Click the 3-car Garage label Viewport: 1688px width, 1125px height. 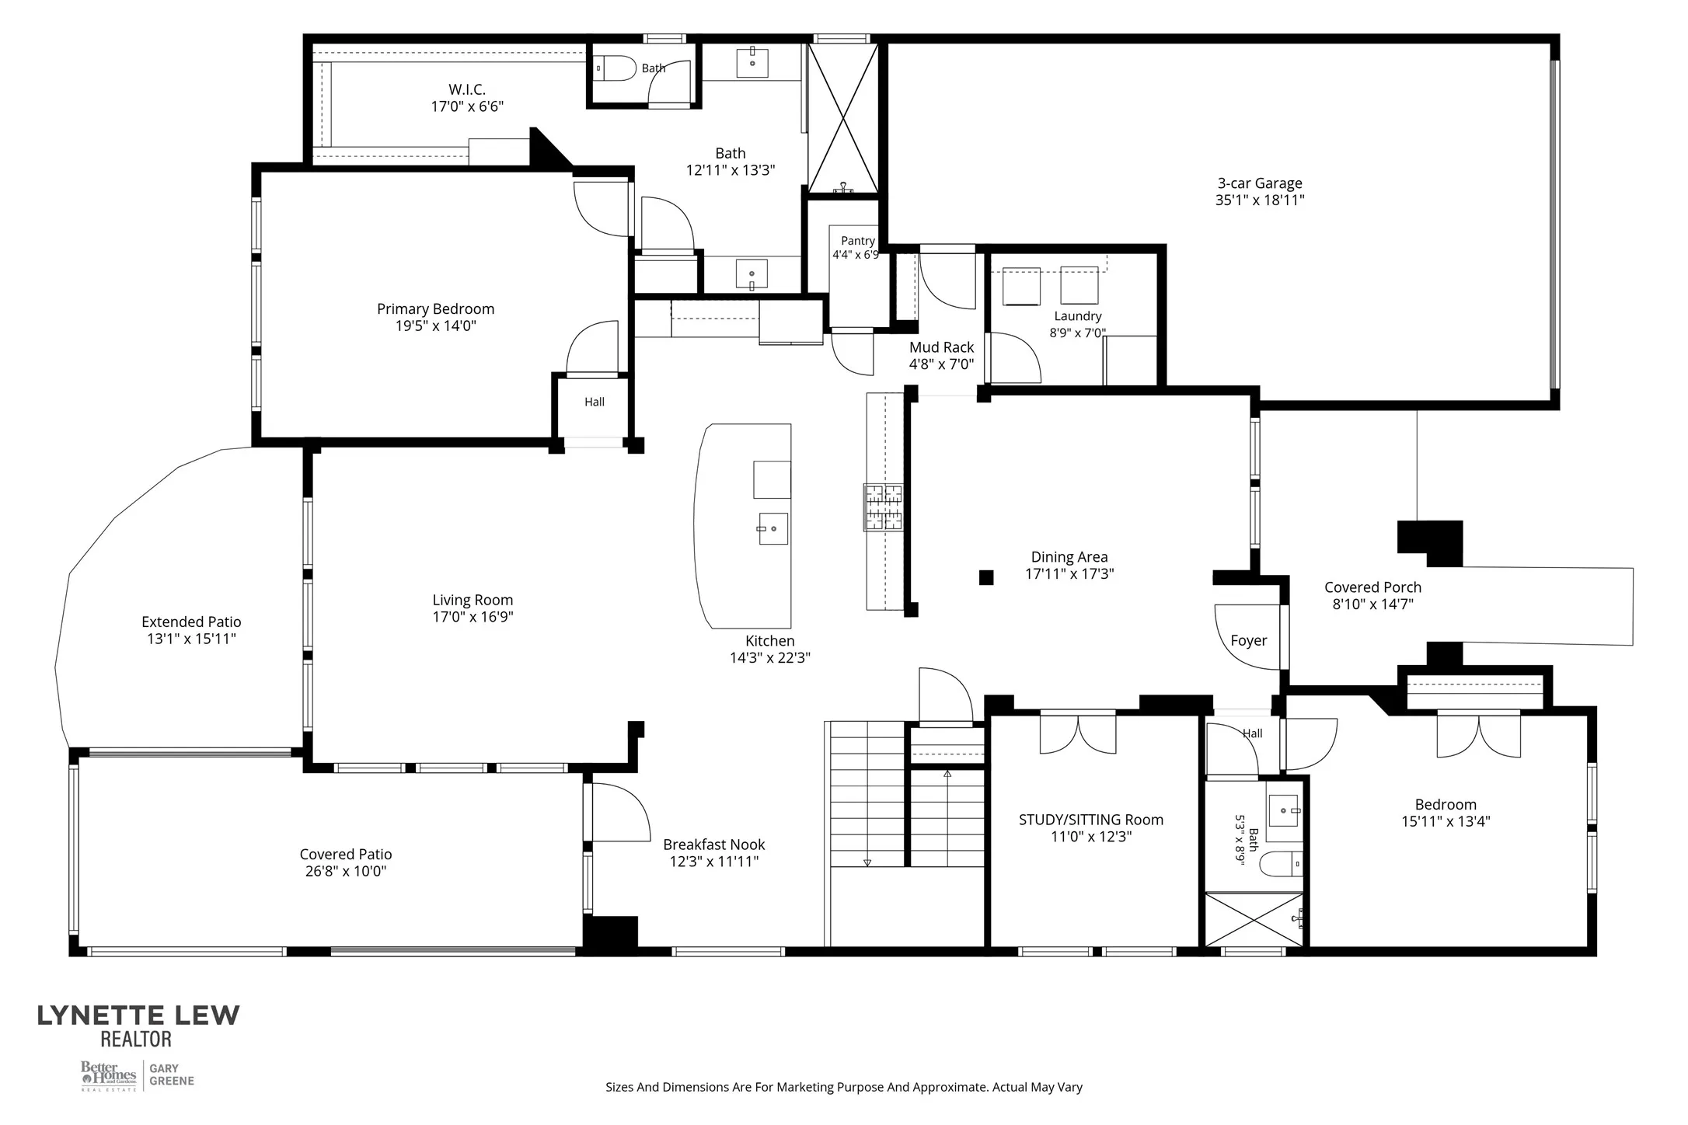[1260, 183]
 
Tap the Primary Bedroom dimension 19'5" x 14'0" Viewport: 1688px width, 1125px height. [436, 326]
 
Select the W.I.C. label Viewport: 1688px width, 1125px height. [467, 89]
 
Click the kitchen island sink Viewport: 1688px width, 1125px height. [773, 528]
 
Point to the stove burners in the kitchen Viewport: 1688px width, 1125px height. [883, 507]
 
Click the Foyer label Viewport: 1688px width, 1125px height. [1249, 640]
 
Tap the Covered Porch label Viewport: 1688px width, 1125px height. [1373, 587]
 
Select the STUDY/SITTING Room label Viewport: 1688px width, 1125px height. [1091, 820]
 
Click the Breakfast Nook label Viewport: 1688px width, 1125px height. [714, 845]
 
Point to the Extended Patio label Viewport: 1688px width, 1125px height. [191, 622]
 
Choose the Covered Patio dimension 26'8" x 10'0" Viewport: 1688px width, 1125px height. [346, 871]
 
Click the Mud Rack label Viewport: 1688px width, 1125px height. [942, 347]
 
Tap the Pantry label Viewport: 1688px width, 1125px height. [858, 241]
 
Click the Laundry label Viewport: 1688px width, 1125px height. [1078, 316]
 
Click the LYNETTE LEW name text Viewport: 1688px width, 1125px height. [139, 1015]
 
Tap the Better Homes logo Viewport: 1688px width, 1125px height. [110, 1076]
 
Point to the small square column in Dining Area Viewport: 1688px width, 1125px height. [986, 577]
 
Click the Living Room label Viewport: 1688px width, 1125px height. [473, 600]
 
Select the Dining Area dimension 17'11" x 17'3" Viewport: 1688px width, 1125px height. [1070, 574]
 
